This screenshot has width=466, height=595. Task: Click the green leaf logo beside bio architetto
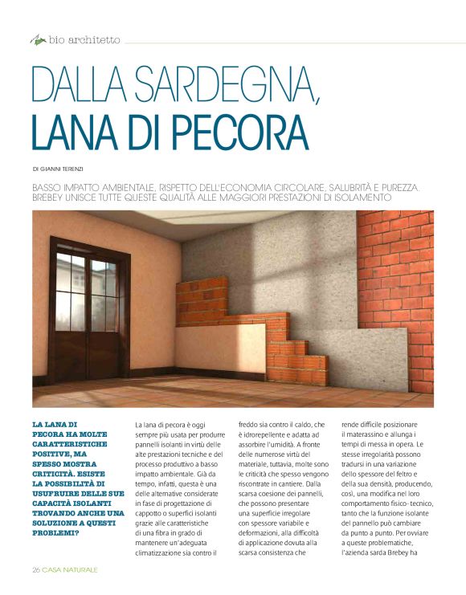37,39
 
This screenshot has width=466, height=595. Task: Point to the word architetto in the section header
94,39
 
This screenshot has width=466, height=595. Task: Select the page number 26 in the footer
36,569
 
